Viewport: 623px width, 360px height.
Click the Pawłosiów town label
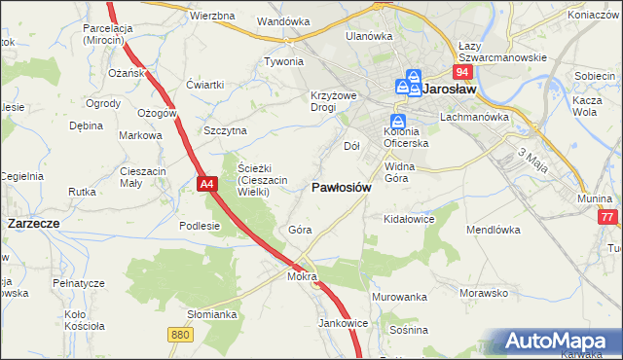tap(341, 188)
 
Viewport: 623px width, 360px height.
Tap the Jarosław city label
tap(451, 90)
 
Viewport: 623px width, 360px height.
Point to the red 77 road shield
tap(608, 218)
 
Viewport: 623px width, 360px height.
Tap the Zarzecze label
tap(34, 223)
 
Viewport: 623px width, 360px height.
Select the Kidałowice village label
tap(408, 219)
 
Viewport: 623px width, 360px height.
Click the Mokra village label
tap(303, 276)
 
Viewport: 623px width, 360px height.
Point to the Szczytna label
tap(226, 130)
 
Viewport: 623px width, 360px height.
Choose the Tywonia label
tap(284, 61)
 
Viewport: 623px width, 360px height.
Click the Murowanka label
tap(399, 297)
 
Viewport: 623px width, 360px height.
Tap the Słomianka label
tap(212, 314)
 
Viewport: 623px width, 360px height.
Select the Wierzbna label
tap(213, 17)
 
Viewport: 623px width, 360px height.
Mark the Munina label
tap(593, 198)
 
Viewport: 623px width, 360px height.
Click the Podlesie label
tap(201, 226)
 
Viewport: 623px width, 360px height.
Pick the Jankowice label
tap(342, 323)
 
